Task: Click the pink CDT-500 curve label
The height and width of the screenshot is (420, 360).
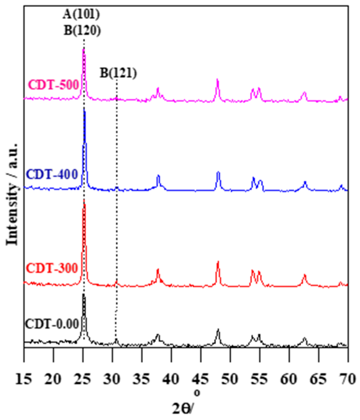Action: point(54,85)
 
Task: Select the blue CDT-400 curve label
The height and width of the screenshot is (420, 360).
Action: point(52,174)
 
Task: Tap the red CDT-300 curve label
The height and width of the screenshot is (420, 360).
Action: point(52,268)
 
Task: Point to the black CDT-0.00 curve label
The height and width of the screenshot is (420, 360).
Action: point(52,324)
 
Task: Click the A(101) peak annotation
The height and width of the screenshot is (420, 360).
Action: point(81,14)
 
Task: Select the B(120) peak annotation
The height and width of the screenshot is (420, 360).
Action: point(82,30)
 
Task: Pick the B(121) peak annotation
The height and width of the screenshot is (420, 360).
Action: point(118,73)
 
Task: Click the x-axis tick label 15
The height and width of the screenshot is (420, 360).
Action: point(24,379)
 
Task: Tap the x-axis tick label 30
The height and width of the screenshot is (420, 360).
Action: point(112,379)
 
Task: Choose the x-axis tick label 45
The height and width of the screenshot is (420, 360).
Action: point(201,379)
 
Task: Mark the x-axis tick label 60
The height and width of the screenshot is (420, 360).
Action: point(289,379)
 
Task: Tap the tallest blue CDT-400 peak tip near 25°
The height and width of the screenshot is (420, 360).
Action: point(84,110)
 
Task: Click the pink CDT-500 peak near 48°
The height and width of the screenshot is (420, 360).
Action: point(217,80)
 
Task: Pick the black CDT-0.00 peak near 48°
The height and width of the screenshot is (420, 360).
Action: point(218,330)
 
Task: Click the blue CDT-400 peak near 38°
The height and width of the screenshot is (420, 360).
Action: point(158,176)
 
